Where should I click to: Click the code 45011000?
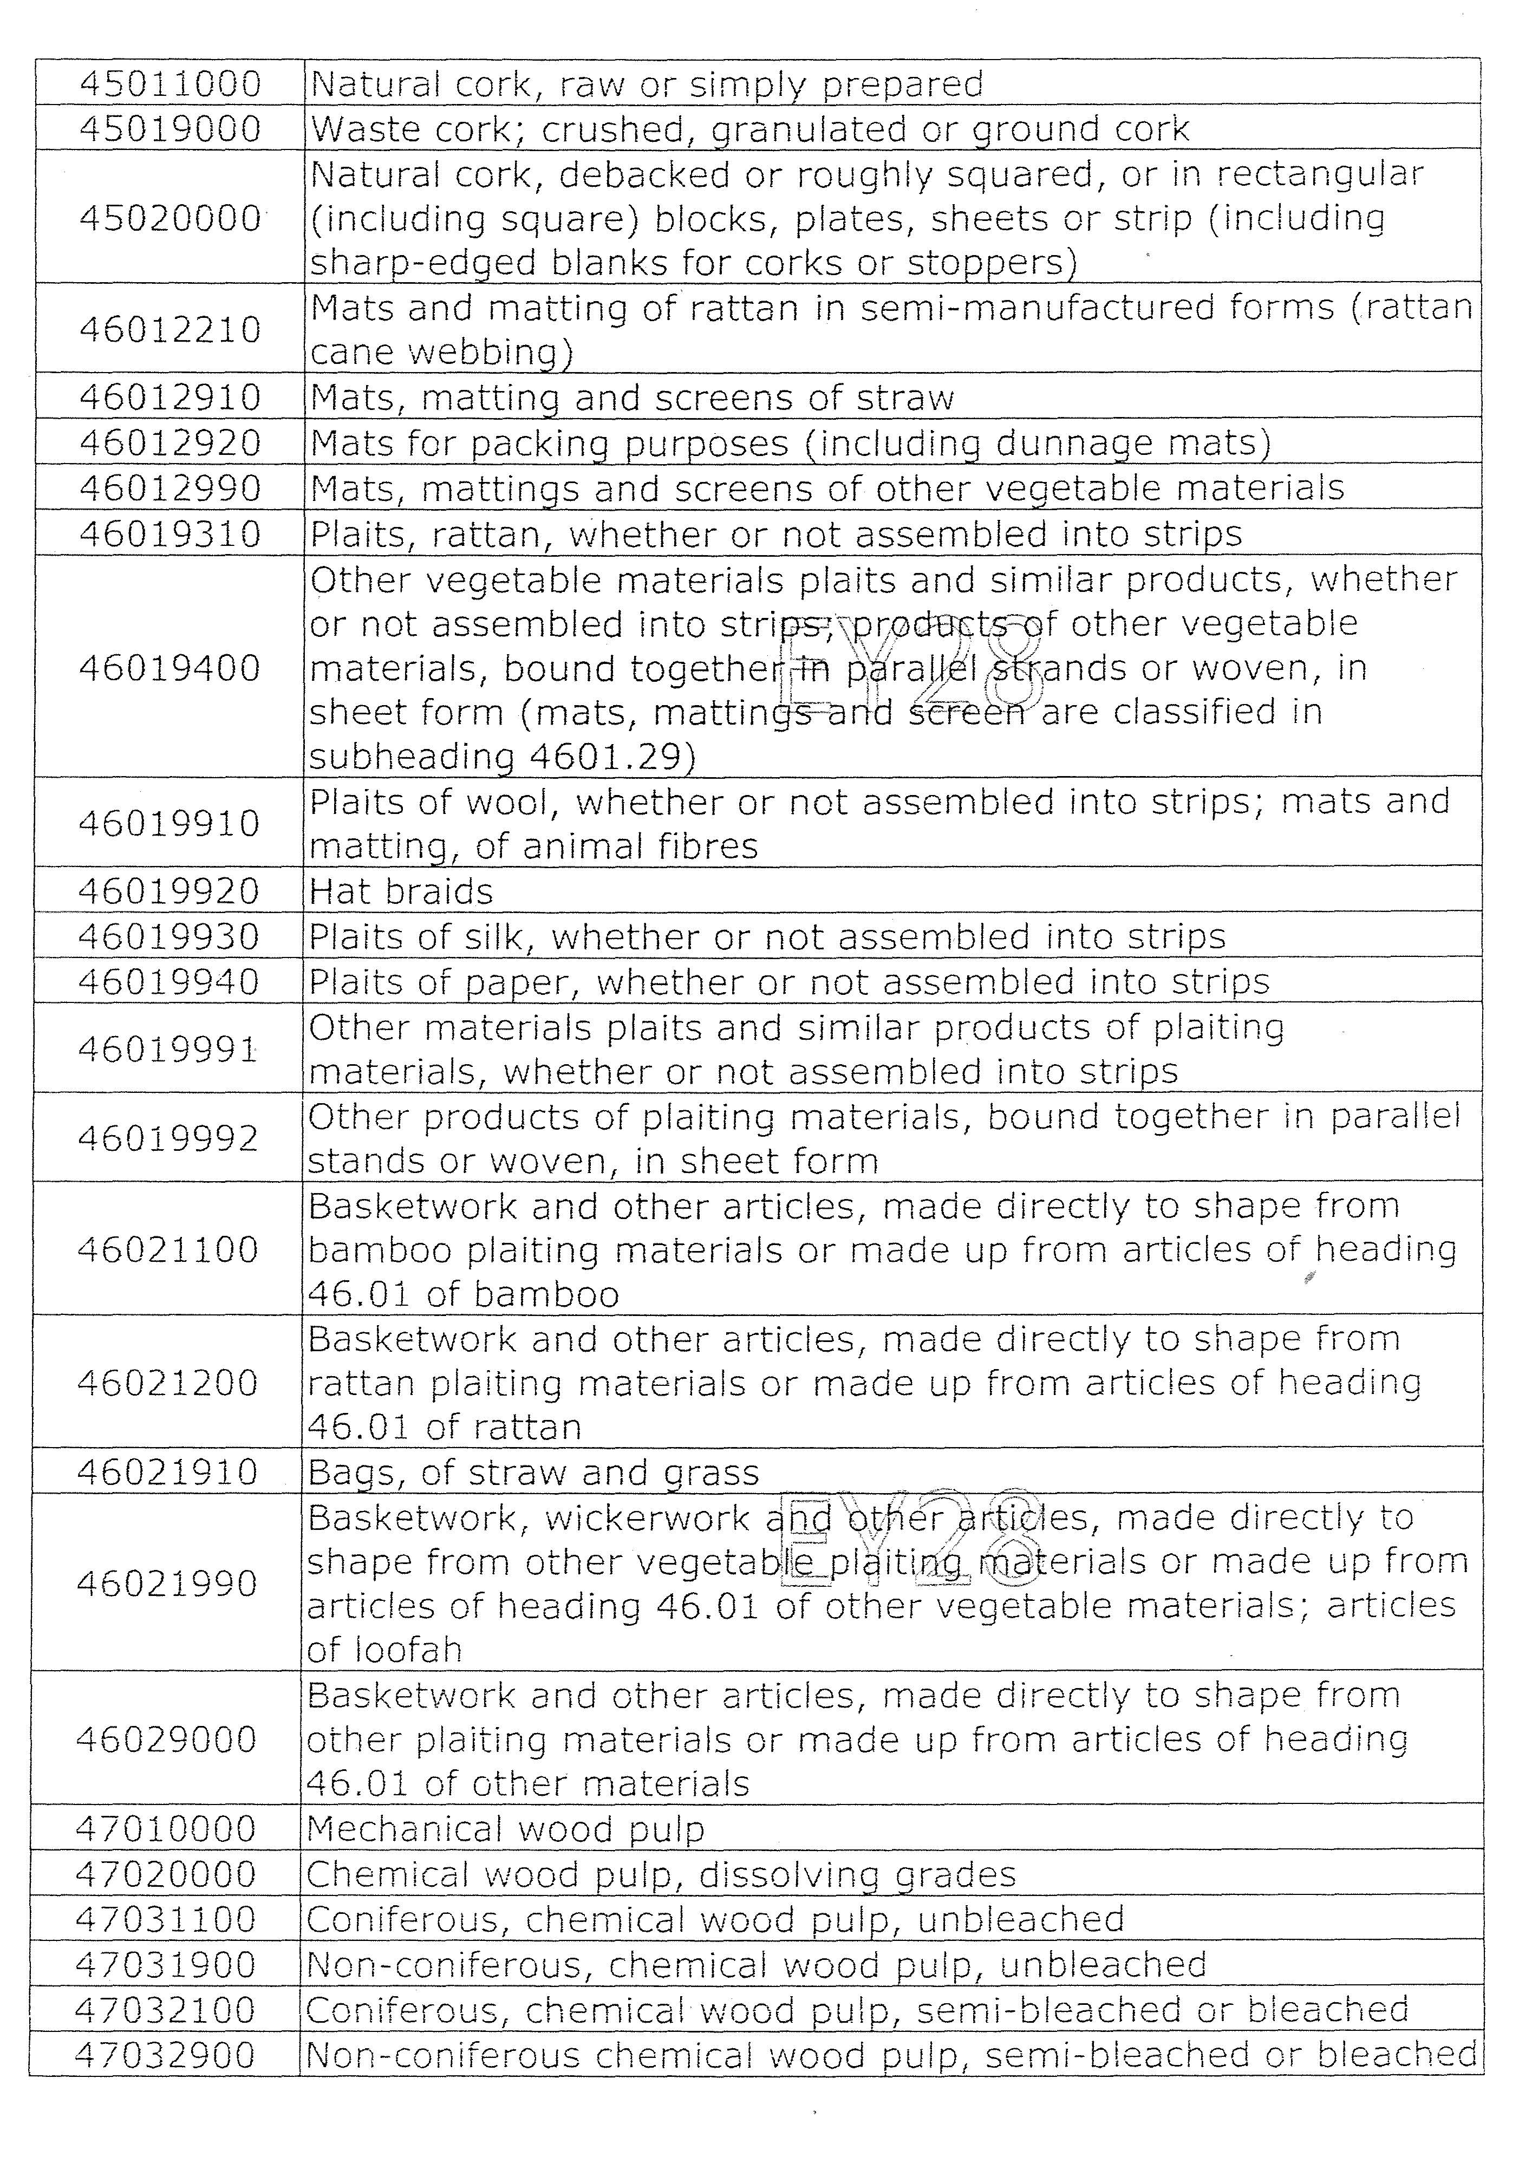[x=169, y=85]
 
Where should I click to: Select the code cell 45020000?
[x=169, y=219]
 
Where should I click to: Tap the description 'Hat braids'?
[x=401, y=891]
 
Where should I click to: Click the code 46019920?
[x=168, y=891]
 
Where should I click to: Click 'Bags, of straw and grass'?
[x=532, y=1473]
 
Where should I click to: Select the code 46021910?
[x=167, y=1473]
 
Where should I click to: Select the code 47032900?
[x=165, y=2055]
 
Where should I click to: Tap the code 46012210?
[x=169, y=330]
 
